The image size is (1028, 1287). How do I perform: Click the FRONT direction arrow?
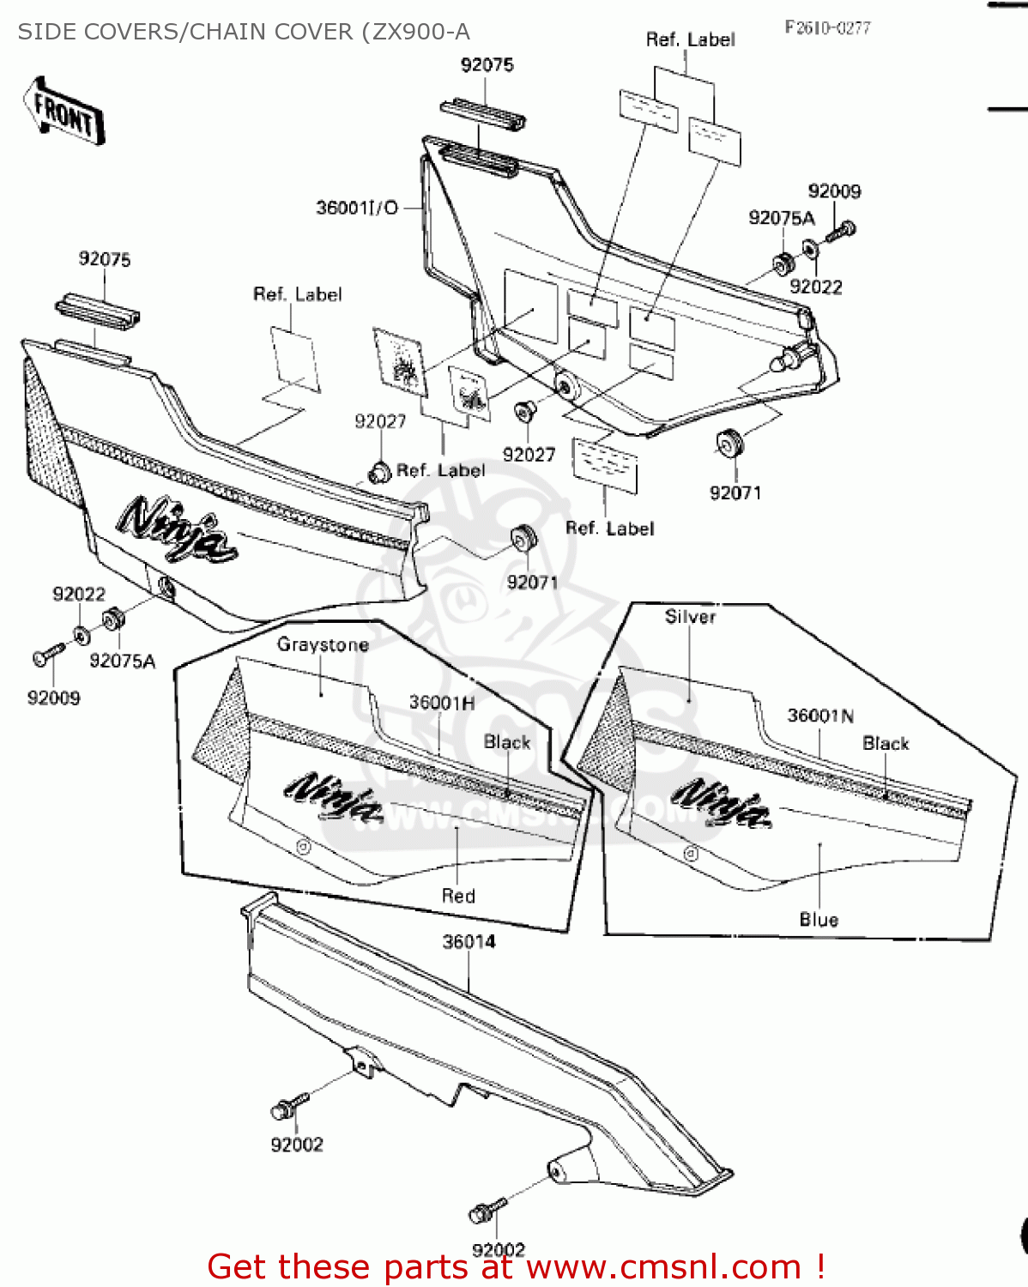point(64,111)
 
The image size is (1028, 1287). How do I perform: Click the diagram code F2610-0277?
point(827,27)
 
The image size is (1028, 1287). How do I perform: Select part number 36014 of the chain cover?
point(469,941)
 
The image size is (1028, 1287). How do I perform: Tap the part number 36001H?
point(441,702)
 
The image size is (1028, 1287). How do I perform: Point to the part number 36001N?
point(820,716)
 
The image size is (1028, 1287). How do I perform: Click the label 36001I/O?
point(357,208)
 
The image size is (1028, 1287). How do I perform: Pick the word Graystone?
point(323,644)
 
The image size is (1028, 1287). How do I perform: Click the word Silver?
point(690,616)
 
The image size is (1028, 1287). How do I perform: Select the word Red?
point(458,896)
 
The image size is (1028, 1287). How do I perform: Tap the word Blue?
point(819,920)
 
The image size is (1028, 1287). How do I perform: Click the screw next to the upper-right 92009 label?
point(841,230)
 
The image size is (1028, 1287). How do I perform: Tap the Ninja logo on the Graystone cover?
point(336,797)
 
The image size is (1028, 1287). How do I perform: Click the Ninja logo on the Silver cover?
point(721,803)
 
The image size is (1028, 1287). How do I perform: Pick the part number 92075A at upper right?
point(781,218)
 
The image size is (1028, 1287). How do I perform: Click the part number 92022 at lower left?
point(79,594)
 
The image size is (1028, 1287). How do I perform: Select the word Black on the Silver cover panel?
point(886,743)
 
